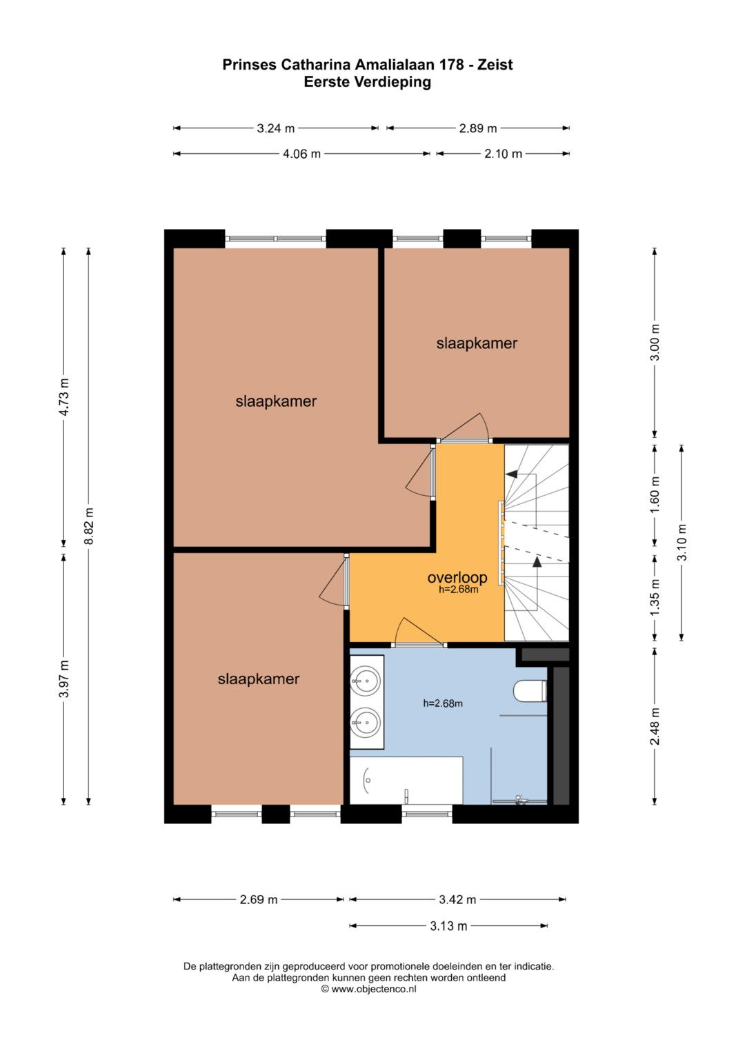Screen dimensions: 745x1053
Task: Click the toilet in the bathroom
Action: pyautogui.click(x=530, y=691)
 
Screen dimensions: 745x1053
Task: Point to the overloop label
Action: pyautogui.click(x=457, y=577)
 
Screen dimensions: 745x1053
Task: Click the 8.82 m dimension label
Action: pyautogui.click(x=89, y=526)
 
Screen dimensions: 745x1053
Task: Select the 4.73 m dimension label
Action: pyautogui.click(x=64, y=397)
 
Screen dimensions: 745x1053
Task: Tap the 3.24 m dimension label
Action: pyautogui.click(x=276, y=128)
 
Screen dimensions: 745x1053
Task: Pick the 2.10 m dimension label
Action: pyautogui.click(x=504, y=154)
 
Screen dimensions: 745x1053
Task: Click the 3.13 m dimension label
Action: pyautogui.click(x=448, y=925)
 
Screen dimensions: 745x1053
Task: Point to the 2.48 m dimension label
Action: pyautogui.click(x=655, y=726)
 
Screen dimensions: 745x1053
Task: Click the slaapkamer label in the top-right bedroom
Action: pyautogui.click(x=477, y=343)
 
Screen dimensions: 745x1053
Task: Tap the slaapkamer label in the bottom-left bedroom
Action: pyautogui.click(x=259, y=679)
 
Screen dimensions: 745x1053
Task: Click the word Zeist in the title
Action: pyautogui.click(x=495, y=64)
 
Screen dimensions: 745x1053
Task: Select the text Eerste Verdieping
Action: pyautogui.click(x=367, y=82)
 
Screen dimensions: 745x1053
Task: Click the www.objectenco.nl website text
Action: pyautogui.click(x=373, y=989)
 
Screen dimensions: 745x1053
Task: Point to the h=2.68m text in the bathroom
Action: pyautogui.click(x=443, y=703)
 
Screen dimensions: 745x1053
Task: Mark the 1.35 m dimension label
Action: pyautogui.click(x=655, y=597)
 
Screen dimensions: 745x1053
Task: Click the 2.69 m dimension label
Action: pyautogui.click(x=259, y=899)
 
